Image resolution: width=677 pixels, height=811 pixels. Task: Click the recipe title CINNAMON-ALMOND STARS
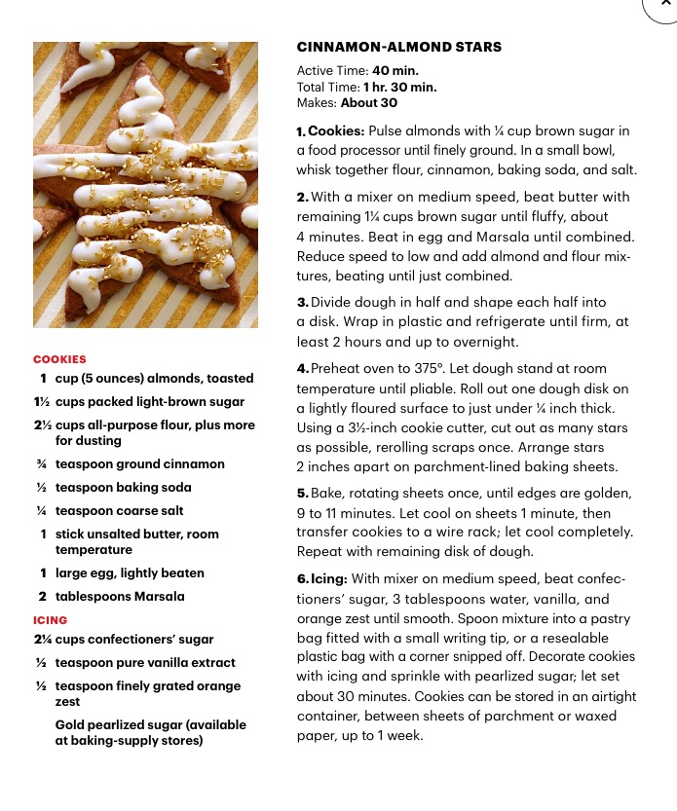[x=398, y=47]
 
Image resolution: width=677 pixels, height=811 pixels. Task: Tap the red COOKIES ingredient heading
[x=59, y=359]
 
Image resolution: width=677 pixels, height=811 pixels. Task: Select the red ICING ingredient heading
[x=51, y=620]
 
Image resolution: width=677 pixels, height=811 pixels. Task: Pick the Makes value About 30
[x=369, y=102]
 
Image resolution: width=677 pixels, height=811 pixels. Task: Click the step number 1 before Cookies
[x=301, y=131]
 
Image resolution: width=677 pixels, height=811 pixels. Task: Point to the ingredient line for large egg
[x=130, y=573]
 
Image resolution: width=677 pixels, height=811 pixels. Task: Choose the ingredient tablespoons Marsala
[x=120, y=597]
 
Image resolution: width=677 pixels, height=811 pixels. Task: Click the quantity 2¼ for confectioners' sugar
[x=42, y=640]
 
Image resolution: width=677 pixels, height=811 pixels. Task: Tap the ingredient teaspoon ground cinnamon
[x=139, y=464]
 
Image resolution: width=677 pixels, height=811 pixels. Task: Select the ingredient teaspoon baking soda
[x=123, y=488]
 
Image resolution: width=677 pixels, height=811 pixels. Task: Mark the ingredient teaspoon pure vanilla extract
[x=146, y=663]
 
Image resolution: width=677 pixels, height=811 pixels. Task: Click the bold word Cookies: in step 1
[x=336, y=131]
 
